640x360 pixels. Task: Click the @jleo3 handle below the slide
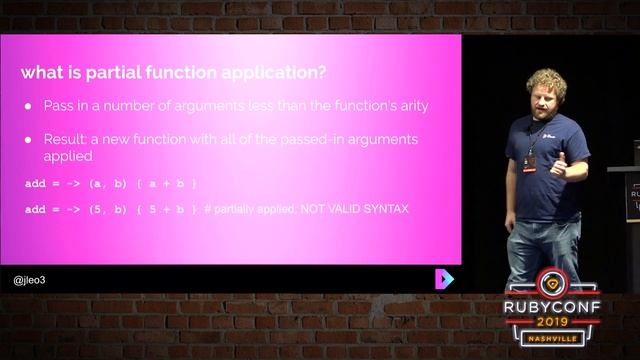(30, 280)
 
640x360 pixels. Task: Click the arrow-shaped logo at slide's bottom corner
(445, 278)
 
